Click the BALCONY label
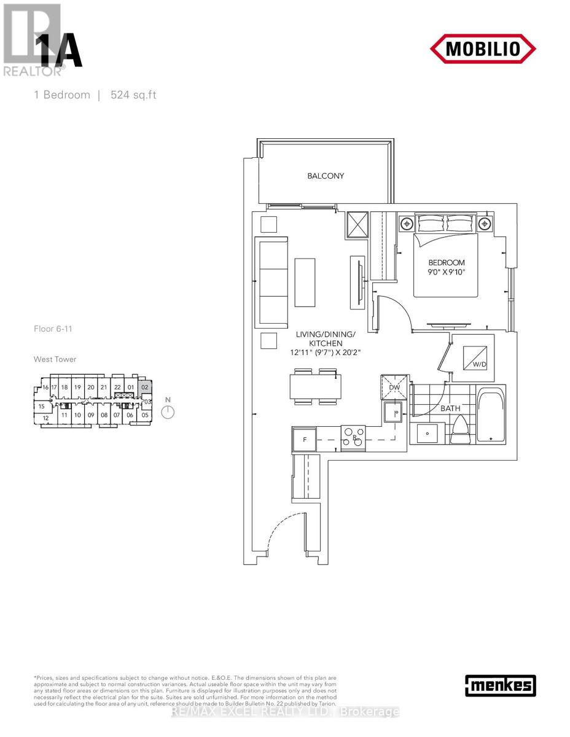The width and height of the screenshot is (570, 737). pos(326,176)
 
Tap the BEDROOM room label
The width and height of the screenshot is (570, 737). pos(447,262)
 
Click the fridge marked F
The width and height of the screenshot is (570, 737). pos(304,439)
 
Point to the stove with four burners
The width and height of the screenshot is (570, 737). pos(353,438)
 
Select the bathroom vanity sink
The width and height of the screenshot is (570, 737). pos(427,433)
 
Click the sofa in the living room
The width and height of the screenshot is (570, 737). pos(270,283)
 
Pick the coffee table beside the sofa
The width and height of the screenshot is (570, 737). pos(305,283)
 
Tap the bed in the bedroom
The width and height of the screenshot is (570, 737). pos(445,258)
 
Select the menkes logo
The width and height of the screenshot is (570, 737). pos(501,685)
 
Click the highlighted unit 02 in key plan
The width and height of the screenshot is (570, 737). pos(144,388)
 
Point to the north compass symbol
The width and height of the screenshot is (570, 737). pos(168,411)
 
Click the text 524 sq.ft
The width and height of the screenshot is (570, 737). pos(133,95)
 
